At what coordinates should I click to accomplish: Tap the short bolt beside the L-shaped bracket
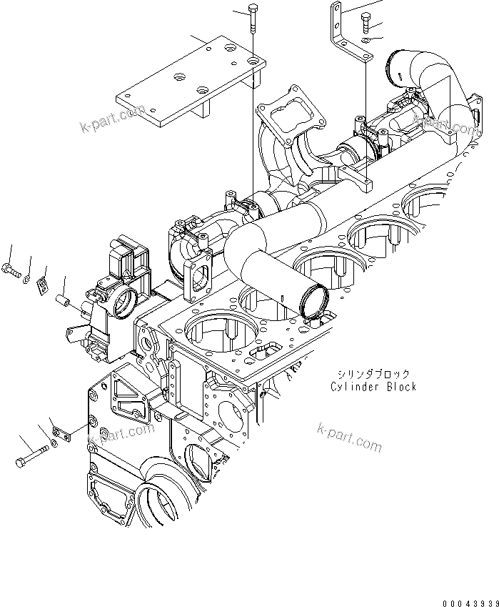tap(368, 24)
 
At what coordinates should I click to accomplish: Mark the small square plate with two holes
tap(42, 285)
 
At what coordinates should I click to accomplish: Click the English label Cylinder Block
tap(373, 387)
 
